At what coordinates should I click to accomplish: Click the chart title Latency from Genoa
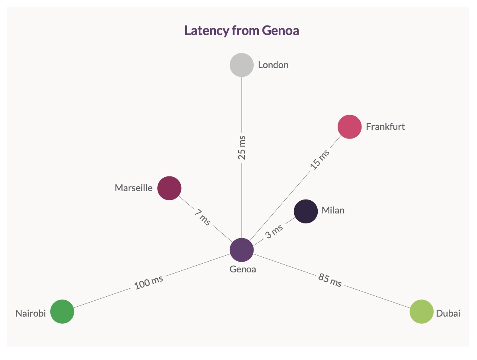[x=241, y=31]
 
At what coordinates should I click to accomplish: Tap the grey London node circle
[x=242, y=65]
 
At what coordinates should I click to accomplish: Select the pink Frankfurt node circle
[x=349, y=127]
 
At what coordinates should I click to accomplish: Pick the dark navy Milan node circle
[x=305, y=211]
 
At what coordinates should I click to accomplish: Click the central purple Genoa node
[x=242, y=250]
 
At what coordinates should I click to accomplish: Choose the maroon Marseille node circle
[x=169, y=188]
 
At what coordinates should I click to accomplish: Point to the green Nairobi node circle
[x=62, y=311]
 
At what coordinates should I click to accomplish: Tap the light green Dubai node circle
[x=421, y=311]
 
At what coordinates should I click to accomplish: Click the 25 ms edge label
[x=242, y=148]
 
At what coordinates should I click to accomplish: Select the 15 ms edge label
[x=320, y=159]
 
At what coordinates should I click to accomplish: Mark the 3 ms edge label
[x=274, y=231]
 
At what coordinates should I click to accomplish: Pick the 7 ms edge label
[x=202, y=217]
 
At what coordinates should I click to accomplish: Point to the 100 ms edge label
[x=149, y=282]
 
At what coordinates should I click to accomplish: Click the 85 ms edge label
[x=330, y=280]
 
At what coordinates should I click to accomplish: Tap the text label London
[x=273, y=65]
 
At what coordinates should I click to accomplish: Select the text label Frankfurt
[x=385, y=127]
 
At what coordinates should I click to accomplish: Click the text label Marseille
[x=134, y=188]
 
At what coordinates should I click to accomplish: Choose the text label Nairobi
[x=31, y=313]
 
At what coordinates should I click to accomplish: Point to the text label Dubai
[x=448, y=313]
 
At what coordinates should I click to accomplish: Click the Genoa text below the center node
[x=242, y=269]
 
